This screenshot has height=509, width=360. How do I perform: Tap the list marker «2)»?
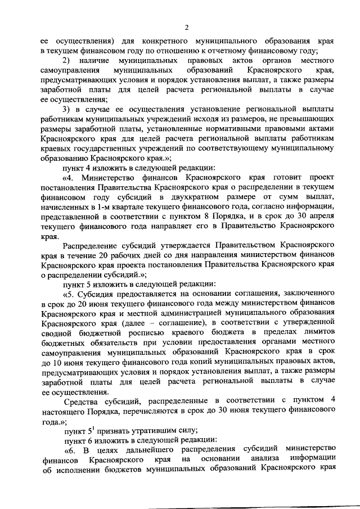(66, 61)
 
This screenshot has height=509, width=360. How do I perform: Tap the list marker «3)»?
(66, 109)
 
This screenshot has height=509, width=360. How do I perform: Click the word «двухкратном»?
(192, 195)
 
